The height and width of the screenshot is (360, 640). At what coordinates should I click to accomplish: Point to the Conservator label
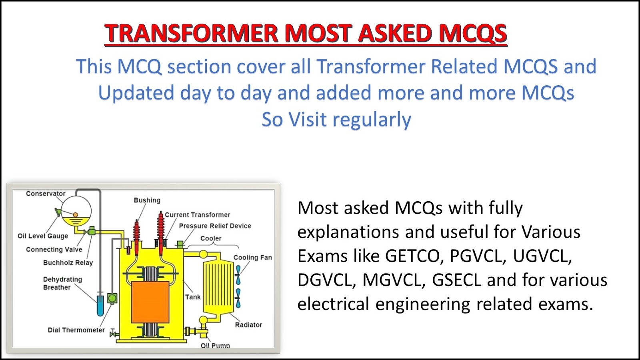(x=46, y=194)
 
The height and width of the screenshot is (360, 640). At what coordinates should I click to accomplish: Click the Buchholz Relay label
(x=68, y=262)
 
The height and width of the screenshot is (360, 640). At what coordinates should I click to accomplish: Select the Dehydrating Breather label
(x=62, y=283)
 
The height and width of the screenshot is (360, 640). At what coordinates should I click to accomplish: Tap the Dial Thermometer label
(x=76, y=330)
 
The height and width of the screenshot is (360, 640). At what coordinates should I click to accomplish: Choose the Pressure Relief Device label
(x=215, y=226)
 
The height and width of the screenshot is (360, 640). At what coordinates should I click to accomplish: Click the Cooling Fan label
(x=252, y=258)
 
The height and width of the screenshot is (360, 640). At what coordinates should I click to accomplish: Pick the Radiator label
(x=248, y=324)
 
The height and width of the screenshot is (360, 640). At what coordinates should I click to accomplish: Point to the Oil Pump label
(x=215, y=346)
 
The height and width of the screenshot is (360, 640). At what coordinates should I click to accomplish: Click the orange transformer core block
(x=150, y=302)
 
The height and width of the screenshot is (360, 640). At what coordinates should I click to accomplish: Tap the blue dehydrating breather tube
(x=100, y=306)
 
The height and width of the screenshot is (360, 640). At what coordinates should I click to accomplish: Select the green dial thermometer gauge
(x=112, y=298)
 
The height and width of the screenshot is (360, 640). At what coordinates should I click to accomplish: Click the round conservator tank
(x=76, y=212)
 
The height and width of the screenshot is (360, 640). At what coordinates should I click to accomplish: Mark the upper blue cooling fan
(x=238, y=275)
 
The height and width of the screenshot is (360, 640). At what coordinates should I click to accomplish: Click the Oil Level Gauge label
(x=43, y=236)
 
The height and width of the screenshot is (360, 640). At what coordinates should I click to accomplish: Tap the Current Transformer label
(x=198, y=214)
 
